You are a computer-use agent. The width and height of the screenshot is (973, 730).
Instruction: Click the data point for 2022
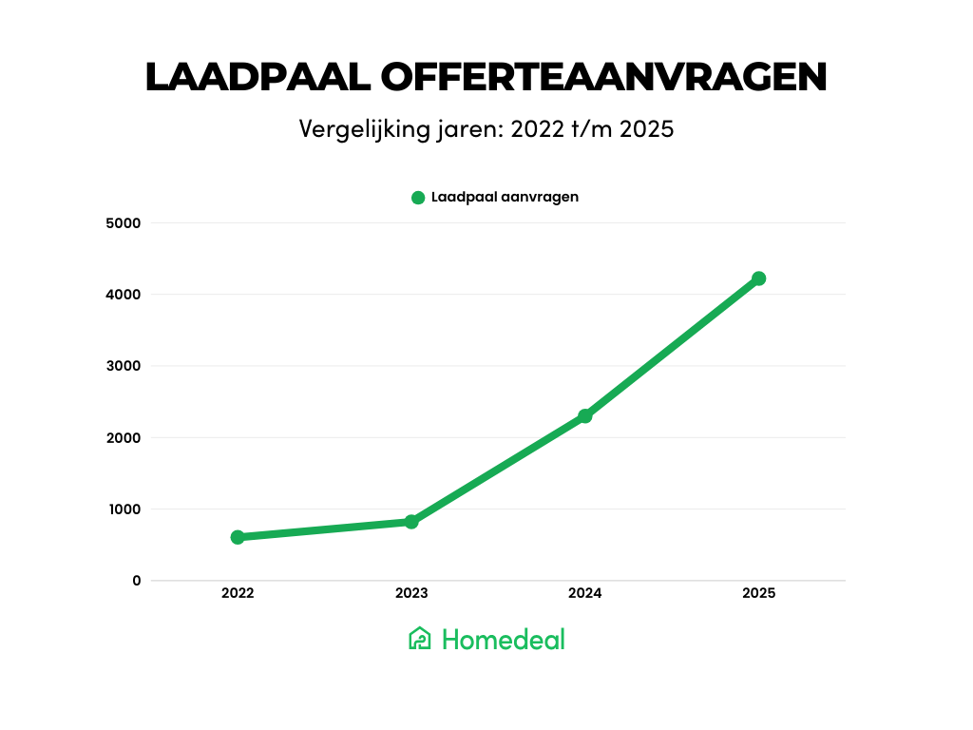[238, 537]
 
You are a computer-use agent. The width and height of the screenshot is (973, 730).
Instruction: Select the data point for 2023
[411, 522]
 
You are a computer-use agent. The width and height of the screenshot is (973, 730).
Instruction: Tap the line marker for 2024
[585, 415]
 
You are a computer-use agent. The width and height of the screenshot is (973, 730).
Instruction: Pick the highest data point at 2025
[758, 279]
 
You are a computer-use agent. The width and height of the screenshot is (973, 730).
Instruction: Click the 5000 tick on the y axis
[124, 223]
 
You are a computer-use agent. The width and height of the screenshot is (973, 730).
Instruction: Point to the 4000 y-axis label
[124, 295]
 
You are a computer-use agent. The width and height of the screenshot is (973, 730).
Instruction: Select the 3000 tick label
[124, 366]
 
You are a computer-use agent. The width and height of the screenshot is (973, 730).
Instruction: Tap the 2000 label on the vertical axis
[124, 438]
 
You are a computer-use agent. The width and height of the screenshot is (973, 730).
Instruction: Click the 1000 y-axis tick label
[124, 509]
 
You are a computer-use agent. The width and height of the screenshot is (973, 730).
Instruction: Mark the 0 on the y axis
[137, 581]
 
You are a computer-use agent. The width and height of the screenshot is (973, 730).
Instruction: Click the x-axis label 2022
[238, 593]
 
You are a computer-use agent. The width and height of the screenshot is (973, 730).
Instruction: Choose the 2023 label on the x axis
[411, 593]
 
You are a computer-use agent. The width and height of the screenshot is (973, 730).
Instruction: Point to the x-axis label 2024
[585, 593]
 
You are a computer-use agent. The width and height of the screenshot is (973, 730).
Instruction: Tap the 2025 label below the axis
[758, 593]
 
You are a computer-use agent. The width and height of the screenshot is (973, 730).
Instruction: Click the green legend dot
[418, 198]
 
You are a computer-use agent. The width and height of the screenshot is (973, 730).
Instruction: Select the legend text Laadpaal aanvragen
[505, 198]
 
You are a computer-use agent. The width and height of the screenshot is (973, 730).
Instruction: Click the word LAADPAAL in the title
[258, 78]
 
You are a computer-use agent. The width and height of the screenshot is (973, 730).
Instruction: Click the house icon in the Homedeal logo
[420, 639]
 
